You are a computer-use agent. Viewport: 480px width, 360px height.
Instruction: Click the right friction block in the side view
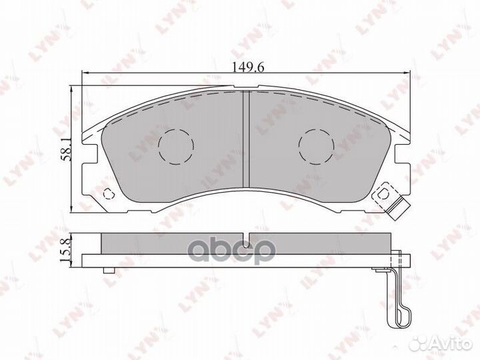coord(320,243)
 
